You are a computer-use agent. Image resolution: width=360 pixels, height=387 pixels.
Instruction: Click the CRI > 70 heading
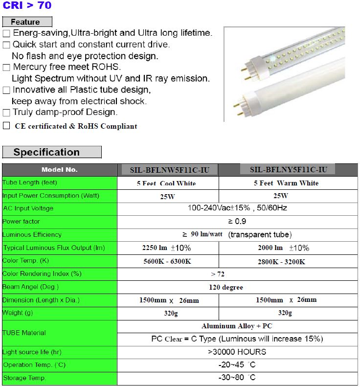tap(27, 6)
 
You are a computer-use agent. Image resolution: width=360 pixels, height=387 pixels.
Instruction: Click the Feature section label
tap(27, 22)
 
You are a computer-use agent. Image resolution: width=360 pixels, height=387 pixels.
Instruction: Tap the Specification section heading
tap(51, 152)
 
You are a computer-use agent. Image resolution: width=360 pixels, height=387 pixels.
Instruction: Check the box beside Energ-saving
tap(6, 34)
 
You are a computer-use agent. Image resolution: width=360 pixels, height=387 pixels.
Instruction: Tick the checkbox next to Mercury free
tap(6, 68)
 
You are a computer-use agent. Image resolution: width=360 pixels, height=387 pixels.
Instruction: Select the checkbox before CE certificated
tap(6, 126)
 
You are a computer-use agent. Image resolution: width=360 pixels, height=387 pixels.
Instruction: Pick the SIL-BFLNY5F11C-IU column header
tap(288, 170)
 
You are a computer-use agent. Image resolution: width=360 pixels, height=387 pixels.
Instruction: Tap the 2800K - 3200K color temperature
tap(281, 261)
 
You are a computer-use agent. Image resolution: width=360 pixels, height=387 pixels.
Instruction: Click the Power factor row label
tap(22, 222)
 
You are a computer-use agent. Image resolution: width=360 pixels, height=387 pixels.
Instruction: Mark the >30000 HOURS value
tap(237, 352)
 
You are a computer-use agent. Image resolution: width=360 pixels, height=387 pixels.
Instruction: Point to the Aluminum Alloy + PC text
tap(237, 326)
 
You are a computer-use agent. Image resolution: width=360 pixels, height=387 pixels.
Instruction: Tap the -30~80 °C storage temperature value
tap(237, 378)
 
